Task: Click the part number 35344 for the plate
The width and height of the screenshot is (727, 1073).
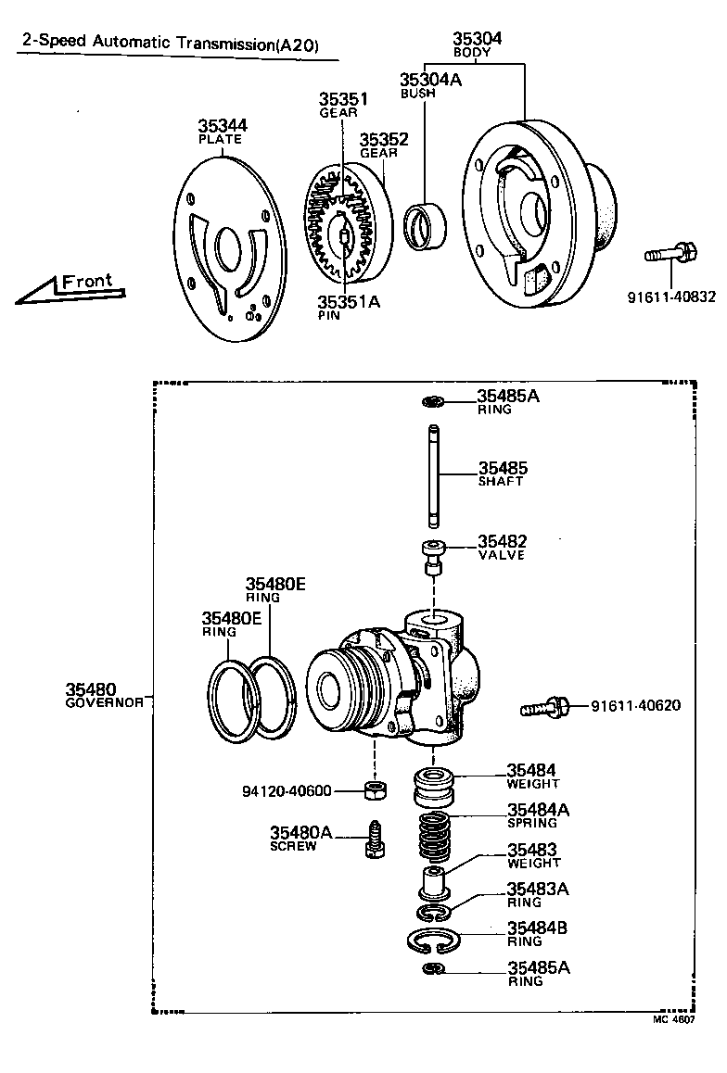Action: coord(222,126)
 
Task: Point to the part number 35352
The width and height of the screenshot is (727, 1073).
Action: coord(384,140)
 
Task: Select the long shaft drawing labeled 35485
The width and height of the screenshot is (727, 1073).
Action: coord(433,474)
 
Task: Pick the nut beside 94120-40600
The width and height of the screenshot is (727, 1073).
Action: coord(375,790)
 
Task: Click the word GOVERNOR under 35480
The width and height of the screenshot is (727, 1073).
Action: coord(104,702)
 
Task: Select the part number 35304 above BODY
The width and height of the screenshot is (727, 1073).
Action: coord(478,39)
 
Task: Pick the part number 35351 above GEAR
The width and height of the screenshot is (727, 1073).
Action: coord(344,99)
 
